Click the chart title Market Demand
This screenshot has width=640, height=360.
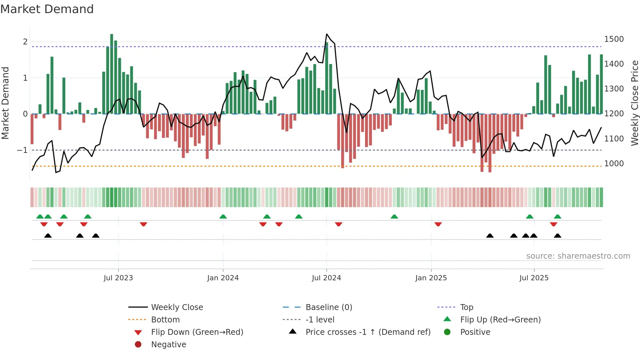coord(47,9)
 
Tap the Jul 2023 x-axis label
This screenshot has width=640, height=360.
coord(118,278)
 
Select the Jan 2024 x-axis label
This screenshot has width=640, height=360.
coord(223,278)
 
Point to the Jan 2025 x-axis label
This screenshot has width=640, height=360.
coord(431,278)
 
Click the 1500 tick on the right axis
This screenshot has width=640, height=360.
coord(614,39)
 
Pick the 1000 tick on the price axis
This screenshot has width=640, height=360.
coord(614,164)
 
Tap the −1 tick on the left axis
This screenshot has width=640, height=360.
coord(22,150)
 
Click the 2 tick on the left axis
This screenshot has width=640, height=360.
coord(25,42)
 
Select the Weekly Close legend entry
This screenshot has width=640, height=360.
coord(177,307)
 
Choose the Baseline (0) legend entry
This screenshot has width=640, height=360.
coord(328,307)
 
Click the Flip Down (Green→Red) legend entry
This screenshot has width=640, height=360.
coord(197,332)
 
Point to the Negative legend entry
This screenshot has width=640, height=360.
coord(168,345)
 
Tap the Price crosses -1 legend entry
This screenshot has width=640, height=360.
coord(368,332)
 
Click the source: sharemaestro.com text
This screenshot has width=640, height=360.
coord(578,256)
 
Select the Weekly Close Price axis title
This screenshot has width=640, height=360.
coord(634,103)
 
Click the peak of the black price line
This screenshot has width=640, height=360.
coord(327,34)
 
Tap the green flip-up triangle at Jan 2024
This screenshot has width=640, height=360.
coord(223,217)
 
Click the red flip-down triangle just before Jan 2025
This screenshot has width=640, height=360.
coord(438,224)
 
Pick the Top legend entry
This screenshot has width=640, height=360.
coord(466,307)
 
